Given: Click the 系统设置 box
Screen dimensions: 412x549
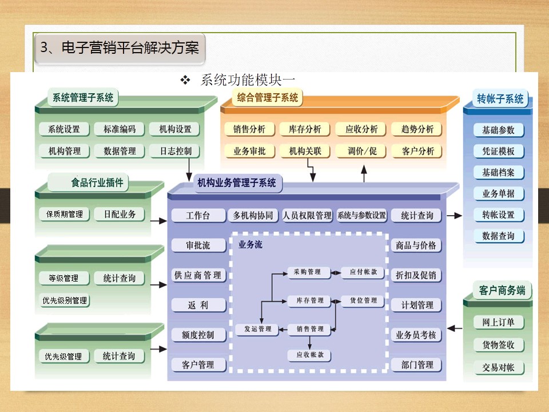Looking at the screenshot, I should point(64,129).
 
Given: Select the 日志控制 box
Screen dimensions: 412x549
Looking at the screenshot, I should point(175,151).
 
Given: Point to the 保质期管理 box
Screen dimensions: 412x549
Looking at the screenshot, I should point(65,215).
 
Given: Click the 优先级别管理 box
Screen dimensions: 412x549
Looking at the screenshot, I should point(65,300).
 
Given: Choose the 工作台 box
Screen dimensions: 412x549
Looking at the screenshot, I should point(198,216).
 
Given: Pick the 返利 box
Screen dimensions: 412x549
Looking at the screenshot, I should point(198,305).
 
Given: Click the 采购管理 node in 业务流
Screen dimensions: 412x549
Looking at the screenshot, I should point(308,272).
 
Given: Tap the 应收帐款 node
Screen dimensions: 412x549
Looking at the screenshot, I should point(309,355).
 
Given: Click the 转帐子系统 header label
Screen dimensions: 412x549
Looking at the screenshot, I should point(500,98).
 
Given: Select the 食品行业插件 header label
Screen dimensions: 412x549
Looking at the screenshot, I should point(97,183).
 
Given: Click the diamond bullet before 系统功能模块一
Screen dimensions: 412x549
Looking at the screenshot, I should point(185,80).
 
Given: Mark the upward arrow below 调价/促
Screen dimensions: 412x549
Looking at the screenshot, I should point(364,173).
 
